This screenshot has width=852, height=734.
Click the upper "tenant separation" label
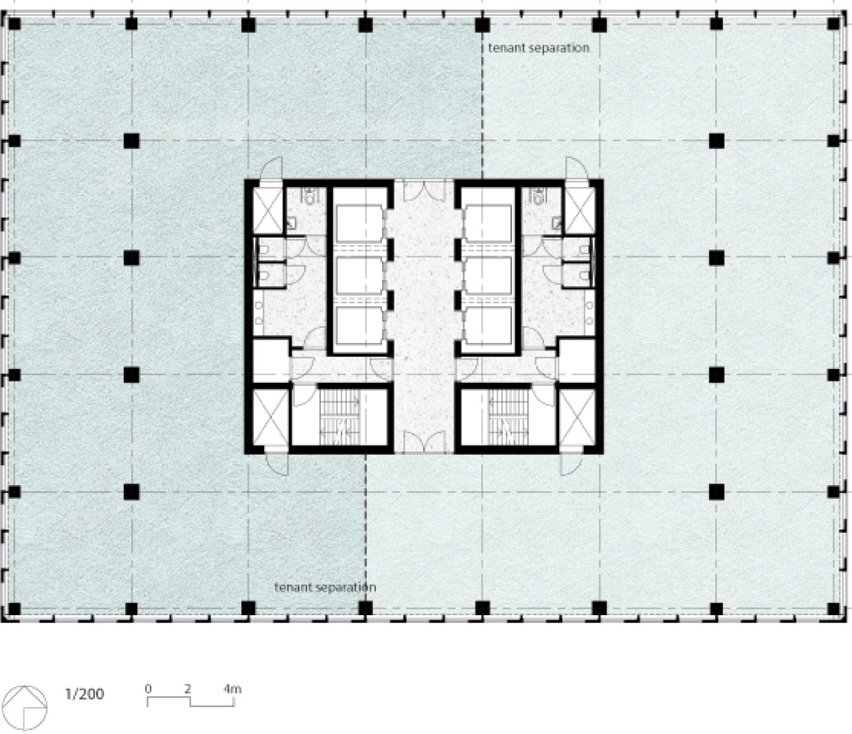(x=538, y=48)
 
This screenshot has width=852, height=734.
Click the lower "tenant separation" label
(x=325, y=587)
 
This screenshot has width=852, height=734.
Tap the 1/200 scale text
(x=85, y=693)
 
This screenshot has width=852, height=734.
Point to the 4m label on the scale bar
(x=232, y=689)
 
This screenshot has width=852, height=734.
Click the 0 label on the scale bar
(x=148, y=689)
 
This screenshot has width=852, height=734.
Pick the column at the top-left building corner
(x=14, y=24)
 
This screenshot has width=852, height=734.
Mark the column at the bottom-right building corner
(x=833, y=609)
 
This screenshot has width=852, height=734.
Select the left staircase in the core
(x=340, y=417)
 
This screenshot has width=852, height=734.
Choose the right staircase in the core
(x=508, y=417)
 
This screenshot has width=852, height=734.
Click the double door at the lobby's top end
(x=425, y=190)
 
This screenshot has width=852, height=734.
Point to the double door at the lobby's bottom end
(x=425, y=441)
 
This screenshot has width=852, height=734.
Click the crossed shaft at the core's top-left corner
(x=267, y=211)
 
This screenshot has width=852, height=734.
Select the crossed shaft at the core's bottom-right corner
(x=577, y=417)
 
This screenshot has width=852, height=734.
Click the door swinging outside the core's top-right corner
(x=576, y=169)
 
